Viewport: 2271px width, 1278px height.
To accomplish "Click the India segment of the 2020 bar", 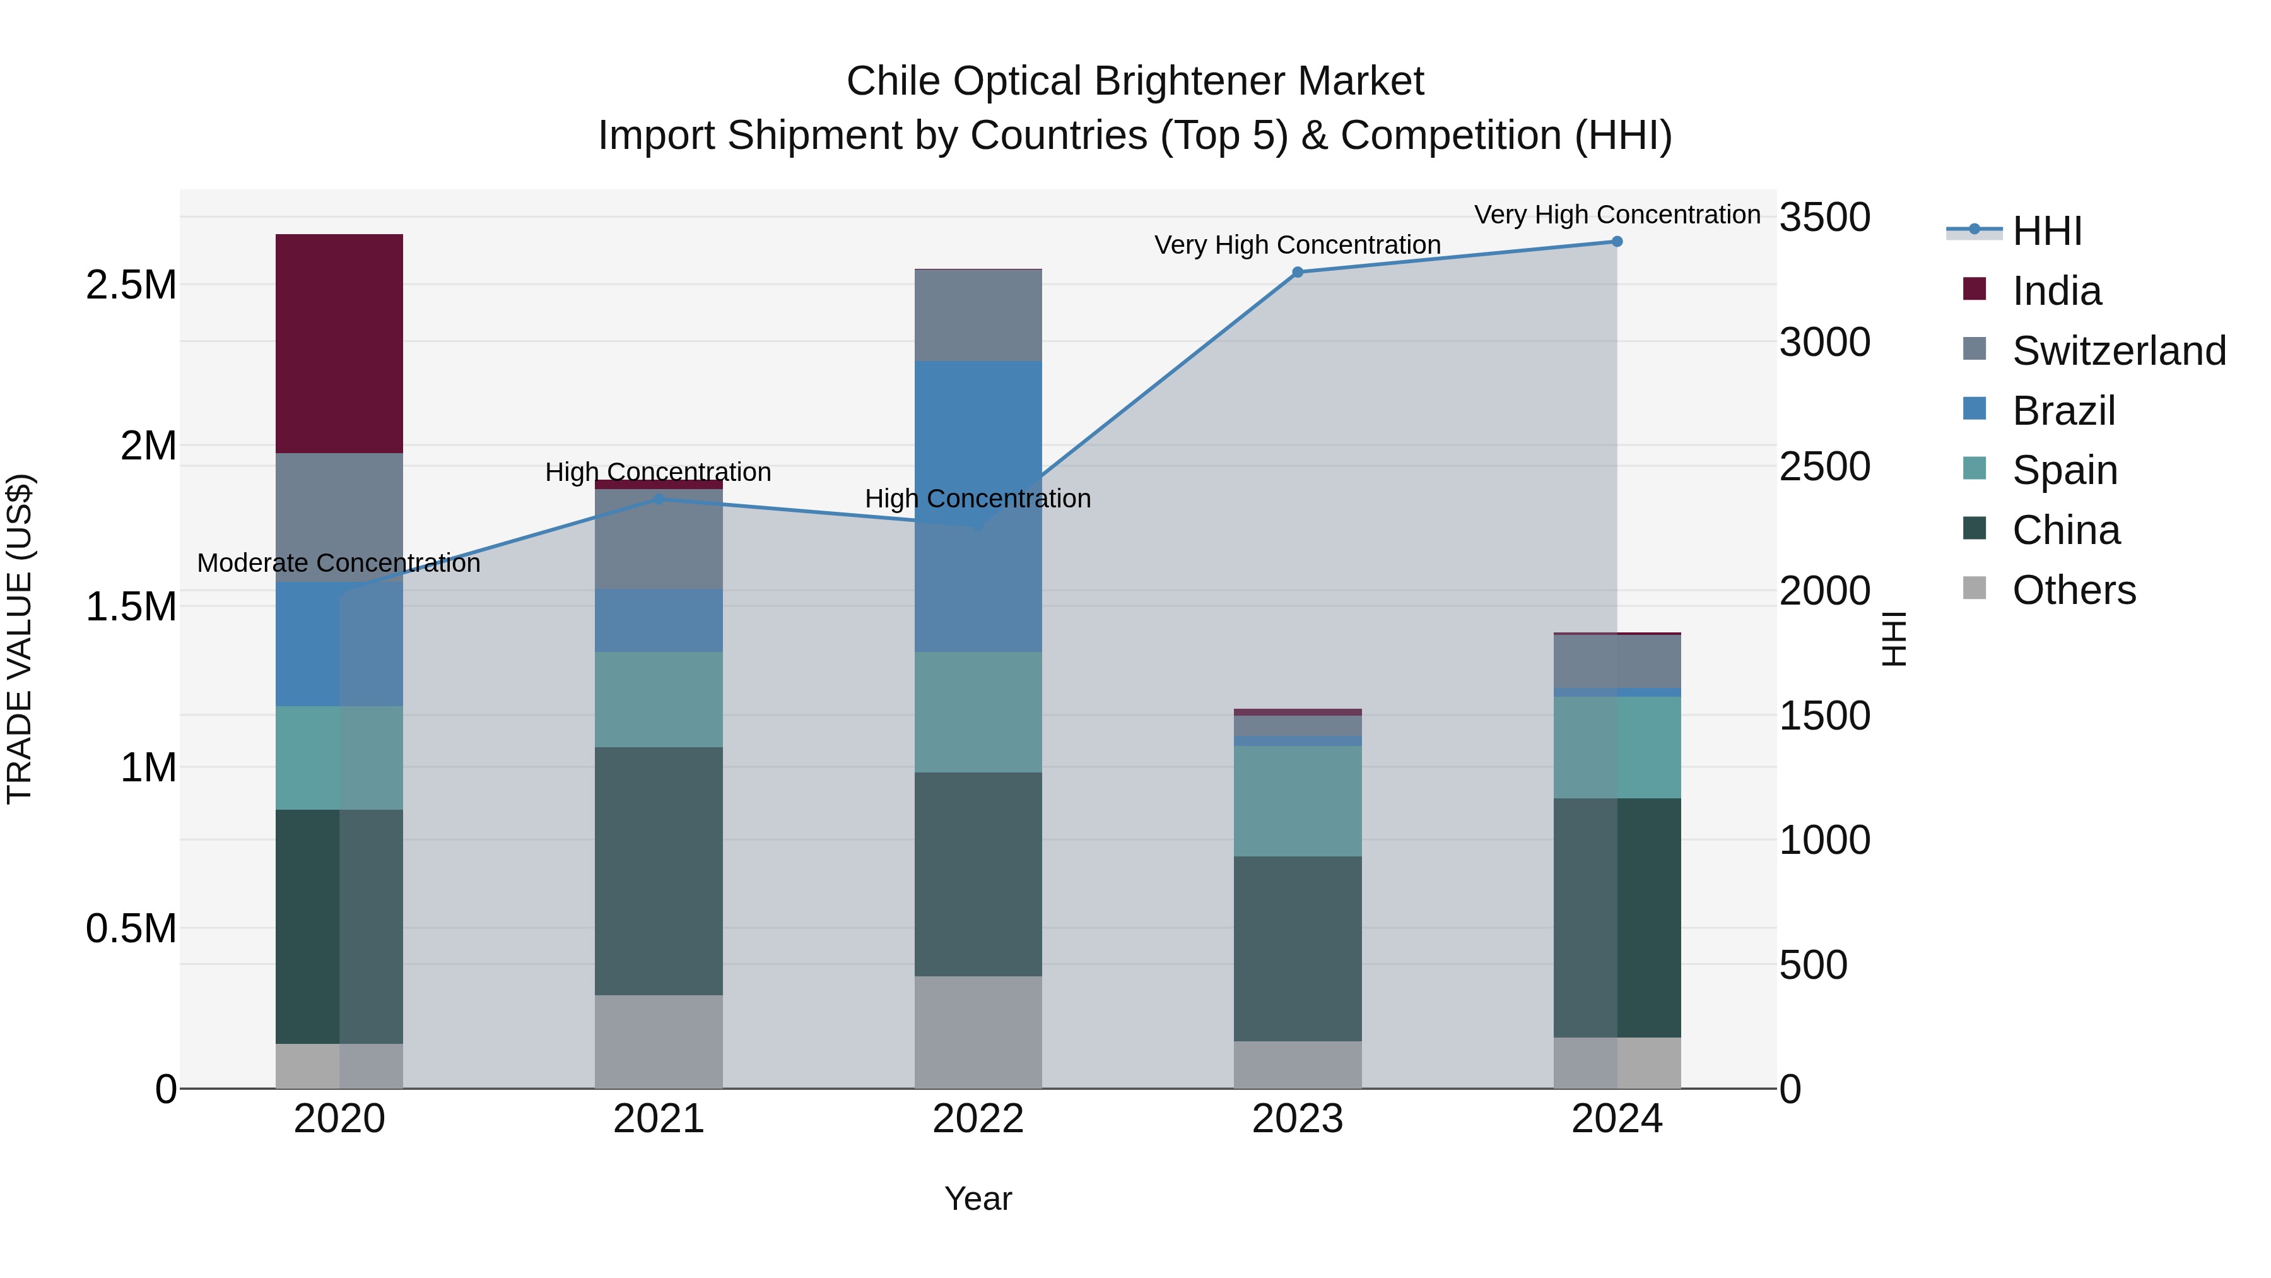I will (339, 343).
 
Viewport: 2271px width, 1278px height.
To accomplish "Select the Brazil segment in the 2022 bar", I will (978, 506).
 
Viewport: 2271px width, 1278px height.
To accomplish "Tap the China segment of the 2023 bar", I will (1297, 948).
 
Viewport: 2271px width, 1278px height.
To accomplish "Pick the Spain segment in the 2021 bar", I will (659, 699).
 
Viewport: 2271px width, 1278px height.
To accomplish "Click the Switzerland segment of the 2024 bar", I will (1617, 661).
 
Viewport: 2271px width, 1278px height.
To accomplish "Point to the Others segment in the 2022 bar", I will (978, 1032).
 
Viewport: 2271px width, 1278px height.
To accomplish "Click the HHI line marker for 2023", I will (1297, 273).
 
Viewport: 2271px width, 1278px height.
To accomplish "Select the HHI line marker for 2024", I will (1617, 242).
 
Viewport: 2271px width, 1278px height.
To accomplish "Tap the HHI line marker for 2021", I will (659, 499).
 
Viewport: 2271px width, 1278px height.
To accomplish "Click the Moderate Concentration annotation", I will (339, 563).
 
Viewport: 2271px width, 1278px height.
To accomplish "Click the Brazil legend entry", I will (2063, 411).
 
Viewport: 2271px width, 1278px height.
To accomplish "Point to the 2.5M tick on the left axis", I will (131, 285).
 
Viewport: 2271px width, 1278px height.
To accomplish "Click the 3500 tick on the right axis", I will (1824, 217).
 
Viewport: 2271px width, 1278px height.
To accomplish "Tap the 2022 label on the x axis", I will (978, 1119).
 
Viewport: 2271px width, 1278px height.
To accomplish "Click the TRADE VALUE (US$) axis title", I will (20, 639).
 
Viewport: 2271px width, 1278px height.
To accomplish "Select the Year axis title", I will (978, 1198).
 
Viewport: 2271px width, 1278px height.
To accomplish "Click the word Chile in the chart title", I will (894, 81).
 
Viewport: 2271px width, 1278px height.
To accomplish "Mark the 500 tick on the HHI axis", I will (1812, 965).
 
